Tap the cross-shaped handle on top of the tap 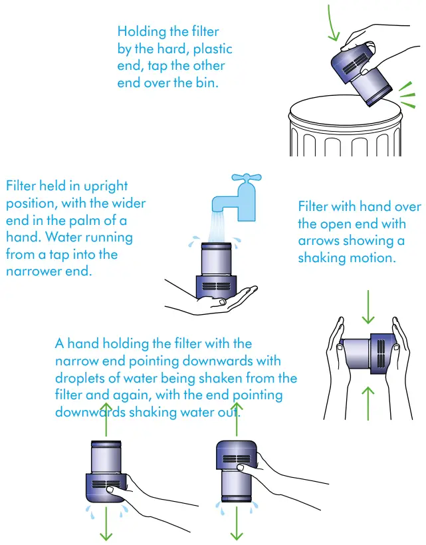247,178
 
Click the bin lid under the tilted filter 345,111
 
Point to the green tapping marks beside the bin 407,95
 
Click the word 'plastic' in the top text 213,49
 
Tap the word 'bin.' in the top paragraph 207,83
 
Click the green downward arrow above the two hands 368,307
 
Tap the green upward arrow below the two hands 368,403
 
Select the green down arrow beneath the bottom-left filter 106,524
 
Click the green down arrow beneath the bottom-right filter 237,523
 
